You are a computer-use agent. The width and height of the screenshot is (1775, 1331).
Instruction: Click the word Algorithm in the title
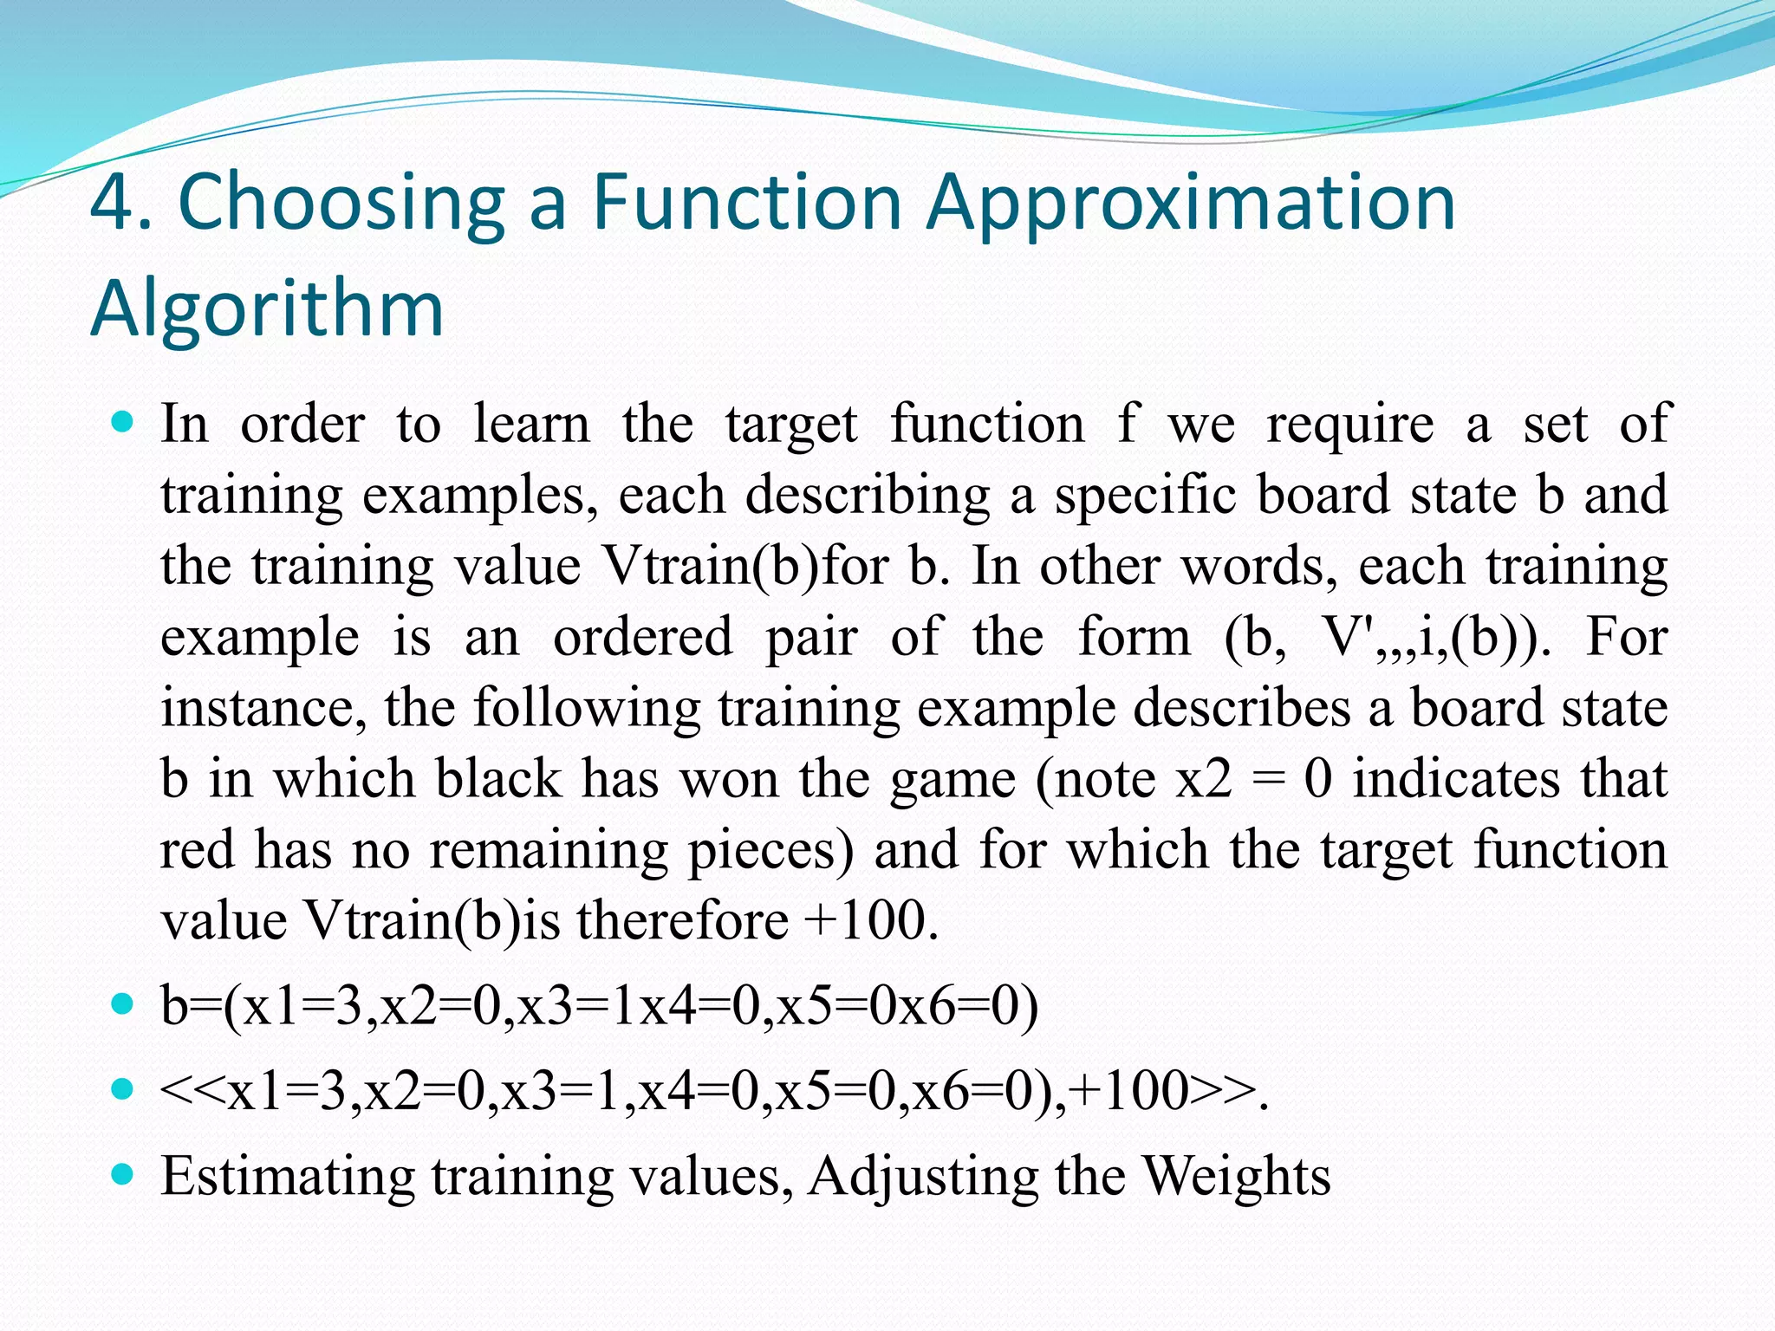267,308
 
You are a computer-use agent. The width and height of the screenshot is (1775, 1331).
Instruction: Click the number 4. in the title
121,203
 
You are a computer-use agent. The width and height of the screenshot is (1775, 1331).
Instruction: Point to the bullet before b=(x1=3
123,1005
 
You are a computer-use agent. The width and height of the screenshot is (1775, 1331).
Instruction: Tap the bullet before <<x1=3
123,1089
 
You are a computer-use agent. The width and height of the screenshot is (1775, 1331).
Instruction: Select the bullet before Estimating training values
123,1175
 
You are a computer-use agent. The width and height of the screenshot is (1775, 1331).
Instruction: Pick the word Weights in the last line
1236,1177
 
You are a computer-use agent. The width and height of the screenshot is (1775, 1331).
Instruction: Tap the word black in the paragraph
498,778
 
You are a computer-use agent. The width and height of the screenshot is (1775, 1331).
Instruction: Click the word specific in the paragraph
1147,496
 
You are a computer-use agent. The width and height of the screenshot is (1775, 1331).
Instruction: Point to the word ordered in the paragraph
643,637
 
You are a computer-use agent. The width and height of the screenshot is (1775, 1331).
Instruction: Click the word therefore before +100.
682,920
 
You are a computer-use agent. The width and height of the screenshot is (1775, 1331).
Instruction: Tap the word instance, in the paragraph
263,709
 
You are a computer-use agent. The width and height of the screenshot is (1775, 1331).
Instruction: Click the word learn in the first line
531,425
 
